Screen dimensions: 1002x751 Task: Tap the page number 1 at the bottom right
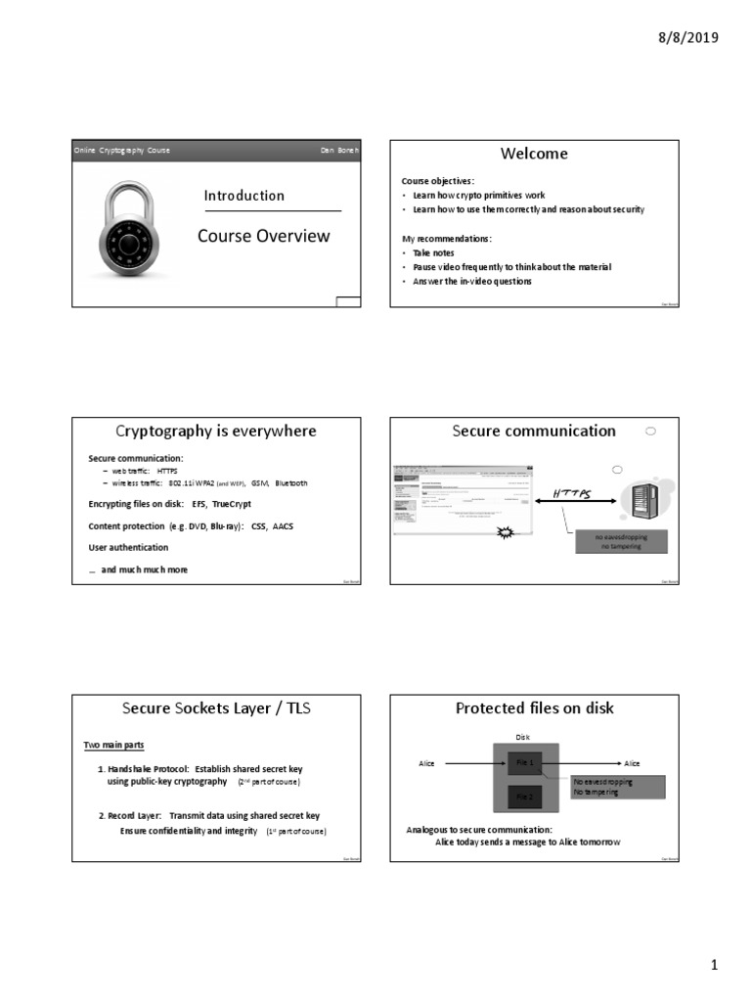coord(714,966)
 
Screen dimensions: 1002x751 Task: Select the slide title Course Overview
coord(263,236)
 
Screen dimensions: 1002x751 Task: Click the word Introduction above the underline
coord(244,196)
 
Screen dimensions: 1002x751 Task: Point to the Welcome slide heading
coord(534,154)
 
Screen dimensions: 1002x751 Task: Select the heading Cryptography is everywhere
coord(216,431)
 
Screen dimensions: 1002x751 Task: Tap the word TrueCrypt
coord(233,504)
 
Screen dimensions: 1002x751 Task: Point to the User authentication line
coord(128,548)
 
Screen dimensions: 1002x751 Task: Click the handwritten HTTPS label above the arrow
coord(572,493)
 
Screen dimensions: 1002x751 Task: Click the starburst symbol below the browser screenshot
coord(506,533)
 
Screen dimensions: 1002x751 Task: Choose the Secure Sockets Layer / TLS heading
coord(216,708)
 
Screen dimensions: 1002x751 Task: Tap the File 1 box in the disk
coord(524,762)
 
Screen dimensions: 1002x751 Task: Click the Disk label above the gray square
coord(520,737)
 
